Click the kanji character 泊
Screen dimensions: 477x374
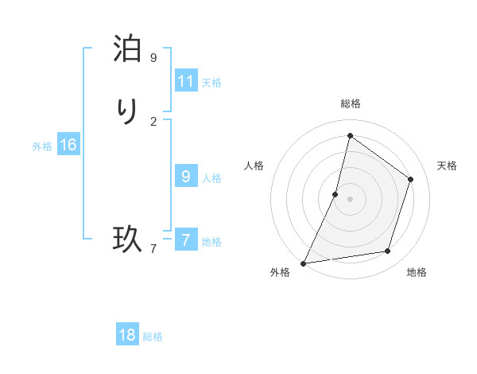(127, 50)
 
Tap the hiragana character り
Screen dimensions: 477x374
(127, 112)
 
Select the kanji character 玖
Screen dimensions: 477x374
(127, 239)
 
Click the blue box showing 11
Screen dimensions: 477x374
(186, 81)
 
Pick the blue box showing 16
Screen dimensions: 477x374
(68, 145)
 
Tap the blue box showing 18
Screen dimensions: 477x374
(127, 335)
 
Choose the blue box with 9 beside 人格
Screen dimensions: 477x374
(186, 177)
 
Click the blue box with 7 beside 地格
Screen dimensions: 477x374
(186, 240)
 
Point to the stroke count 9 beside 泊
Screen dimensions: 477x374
(153, 58)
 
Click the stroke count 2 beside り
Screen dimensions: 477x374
(153, 121)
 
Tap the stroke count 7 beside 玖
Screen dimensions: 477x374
(153, 248)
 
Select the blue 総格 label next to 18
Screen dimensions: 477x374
(153, 337)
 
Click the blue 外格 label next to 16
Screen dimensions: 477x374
(42, 146)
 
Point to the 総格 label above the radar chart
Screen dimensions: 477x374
(351, 104)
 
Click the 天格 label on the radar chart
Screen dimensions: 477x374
(447, 166)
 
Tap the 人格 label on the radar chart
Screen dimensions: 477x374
(254, 166)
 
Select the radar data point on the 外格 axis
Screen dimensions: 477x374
(304, 263)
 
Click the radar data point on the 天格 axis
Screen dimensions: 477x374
(411, 179)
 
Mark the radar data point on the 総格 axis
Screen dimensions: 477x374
(350, 136)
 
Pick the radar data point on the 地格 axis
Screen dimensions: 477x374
(388, 251)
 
